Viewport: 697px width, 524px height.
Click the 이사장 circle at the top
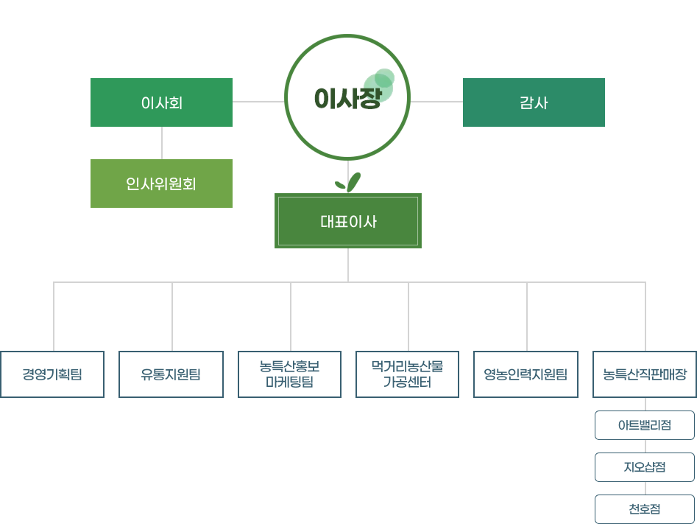tap(347, 98)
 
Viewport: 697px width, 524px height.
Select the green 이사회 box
tap(161, 102)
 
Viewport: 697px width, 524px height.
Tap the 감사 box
tap(534, 102)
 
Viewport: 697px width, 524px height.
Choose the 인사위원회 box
tap(161, 184)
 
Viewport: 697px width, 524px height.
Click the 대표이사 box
tap(348, 221)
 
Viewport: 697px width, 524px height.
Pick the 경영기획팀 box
tap(52, 374)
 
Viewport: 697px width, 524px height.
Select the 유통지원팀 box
tap(171, 374)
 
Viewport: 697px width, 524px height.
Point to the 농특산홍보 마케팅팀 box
tap(289, 374)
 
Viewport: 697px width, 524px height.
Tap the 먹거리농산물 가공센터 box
tap(407, 374)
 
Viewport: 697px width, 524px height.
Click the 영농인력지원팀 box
tap(526, 374)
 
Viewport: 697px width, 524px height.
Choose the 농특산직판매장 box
tap(645, 374)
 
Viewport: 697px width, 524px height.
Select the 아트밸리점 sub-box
tap(645, 425)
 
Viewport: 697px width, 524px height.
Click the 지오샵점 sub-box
tap(645, 467)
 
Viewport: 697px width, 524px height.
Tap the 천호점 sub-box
tap(645, 509)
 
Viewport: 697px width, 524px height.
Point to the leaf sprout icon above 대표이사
tap(348, 181)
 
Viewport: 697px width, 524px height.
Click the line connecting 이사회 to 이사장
tap(258, 102)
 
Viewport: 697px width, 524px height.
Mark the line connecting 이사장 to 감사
tap(436, 102)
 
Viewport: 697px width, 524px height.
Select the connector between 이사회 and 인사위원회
tap(162, 143)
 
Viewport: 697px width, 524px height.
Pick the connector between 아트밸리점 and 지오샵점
tap(645, 446)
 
